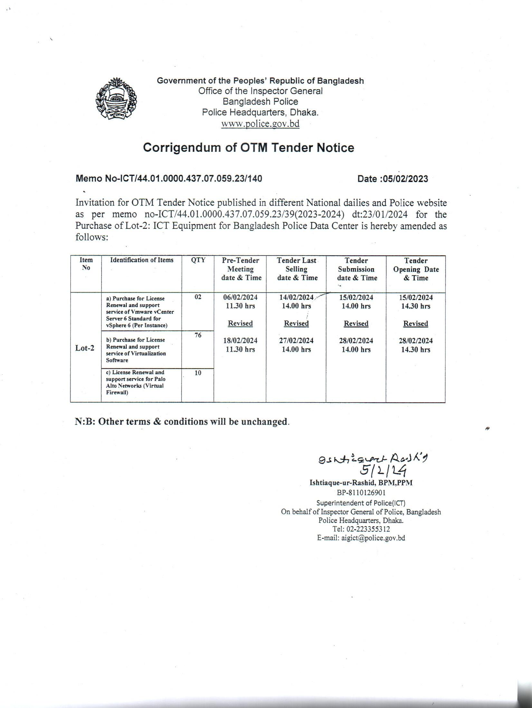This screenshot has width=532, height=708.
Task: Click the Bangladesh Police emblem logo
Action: click(x=116, y=98)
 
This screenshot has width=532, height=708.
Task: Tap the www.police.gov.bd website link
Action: click(x=260, y=124)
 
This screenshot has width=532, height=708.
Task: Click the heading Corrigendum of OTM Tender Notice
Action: click(x=249, y=148)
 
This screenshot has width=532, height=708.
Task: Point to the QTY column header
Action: click(x=198, y=260)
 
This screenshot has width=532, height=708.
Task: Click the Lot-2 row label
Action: click(x=85, y=348)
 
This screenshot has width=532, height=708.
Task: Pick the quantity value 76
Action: click(x=198, y=335)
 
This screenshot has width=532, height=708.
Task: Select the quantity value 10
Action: click(x=198, y=373)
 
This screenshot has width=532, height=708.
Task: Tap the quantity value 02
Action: click(x=198, y=297)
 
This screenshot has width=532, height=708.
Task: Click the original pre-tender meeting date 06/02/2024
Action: click(x=240, y=297)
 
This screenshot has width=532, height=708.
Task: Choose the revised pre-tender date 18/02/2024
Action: click(x=240, y=341)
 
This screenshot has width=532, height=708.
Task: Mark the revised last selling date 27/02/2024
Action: click(x=296, y=341)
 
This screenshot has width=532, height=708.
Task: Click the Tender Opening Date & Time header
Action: click(x=416, y=269)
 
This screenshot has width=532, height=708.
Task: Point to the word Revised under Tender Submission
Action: click(x=356, y=323)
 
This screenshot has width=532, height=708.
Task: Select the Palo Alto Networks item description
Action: click(x=136, y=382)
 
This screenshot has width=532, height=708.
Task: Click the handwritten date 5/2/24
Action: click(x=384, y=471)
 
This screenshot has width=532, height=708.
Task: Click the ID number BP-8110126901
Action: click(x=361, y=493)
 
